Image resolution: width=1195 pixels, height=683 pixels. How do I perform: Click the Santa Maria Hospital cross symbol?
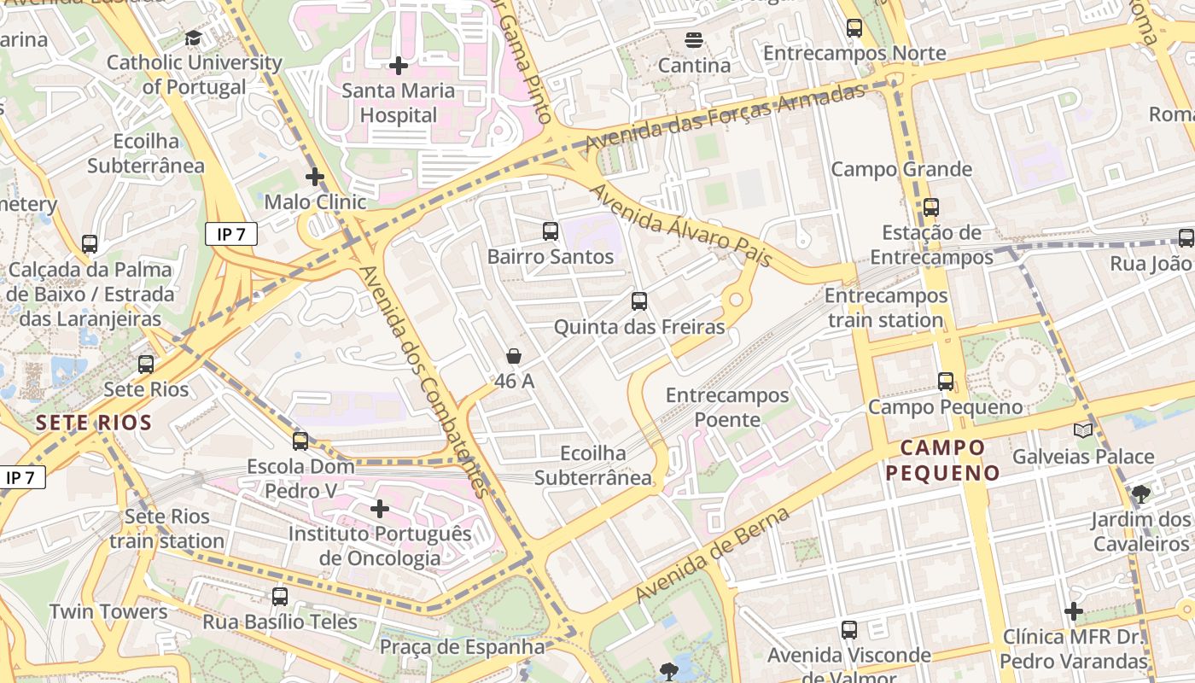point(398,65)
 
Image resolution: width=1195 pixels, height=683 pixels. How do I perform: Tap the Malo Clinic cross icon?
point(315,177)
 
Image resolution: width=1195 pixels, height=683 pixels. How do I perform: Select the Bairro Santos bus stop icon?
point(551,231)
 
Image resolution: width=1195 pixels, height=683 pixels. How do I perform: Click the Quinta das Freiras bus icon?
point(639,301)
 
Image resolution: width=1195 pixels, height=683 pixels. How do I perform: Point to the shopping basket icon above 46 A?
point(514,355)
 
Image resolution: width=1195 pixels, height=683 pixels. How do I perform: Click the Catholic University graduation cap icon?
point(194,38)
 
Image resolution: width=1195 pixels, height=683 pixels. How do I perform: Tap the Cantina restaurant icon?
point(693,39)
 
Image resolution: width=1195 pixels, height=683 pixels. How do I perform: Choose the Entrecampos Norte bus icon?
point(854,27)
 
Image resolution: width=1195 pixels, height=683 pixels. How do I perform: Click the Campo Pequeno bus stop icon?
point(946,381)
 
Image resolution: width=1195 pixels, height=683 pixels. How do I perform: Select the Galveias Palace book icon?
point(1083,430)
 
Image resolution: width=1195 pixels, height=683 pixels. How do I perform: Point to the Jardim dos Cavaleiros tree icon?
point(1140,493)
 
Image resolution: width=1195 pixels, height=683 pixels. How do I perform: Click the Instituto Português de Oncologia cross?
point(380,509)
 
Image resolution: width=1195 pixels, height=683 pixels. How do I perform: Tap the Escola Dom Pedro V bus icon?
point(300,441)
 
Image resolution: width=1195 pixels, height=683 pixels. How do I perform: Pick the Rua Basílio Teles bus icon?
point(280,596)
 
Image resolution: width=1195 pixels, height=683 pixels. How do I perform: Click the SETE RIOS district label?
point(94,422)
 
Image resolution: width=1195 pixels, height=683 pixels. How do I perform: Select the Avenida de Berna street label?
point(714,553)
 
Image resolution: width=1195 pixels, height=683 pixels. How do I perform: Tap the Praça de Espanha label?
point(462,646)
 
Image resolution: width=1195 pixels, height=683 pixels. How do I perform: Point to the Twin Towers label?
point(108,611)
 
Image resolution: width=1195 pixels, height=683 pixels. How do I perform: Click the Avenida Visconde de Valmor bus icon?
point(849,630)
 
